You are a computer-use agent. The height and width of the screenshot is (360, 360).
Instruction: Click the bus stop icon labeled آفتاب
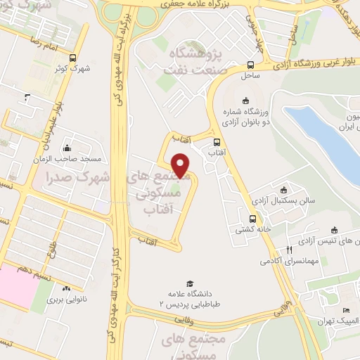216,141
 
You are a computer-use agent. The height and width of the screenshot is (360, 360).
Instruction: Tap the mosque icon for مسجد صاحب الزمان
67,148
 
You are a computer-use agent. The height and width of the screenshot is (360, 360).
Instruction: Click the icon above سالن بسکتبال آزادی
283,190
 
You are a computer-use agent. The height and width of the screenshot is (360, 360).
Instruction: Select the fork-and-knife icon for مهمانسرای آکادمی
288,250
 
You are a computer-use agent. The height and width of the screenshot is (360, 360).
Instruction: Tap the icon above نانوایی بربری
66,288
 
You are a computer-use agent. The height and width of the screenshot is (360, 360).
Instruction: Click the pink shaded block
15,285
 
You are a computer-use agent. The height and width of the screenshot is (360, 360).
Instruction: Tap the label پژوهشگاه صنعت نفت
193,62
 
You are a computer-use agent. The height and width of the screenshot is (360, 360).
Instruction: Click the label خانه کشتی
245,229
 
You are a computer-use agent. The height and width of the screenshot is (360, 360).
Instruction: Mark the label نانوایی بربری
65,300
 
